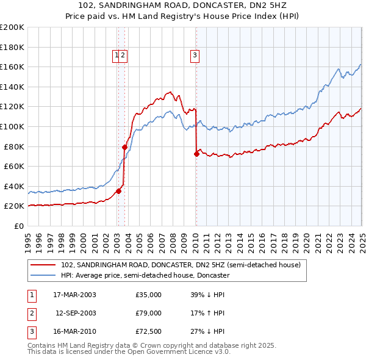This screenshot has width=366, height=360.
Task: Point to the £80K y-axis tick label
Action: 14,146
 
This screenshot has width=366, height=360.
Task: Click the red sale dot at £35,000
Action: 119,191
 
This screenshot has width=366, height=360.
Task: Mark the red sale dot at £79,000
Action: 124,147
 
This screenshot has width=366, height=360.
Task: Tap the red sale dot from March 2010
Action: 196,154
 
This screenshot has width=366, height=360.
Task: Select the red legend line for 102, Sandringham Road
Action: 43,265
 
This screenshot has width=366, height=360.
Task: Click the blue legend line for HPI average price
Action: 43,275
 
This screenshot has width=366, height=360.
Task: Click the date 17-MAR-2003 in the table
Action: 74,295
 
